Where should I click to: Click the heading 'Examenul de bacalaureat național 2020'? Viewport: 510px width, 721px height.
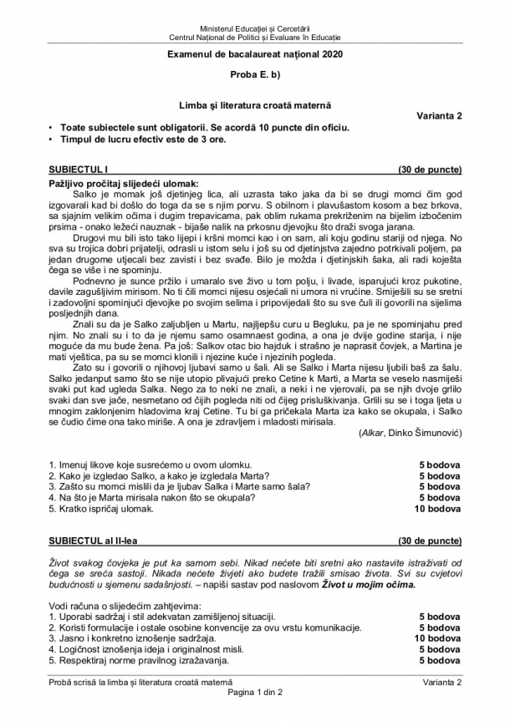click(255, 54)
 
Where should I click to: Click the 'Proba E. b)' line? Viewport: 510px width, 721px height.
click(255, 75)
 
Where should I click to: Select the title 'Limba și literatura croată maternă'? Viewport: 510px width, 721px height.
click(255, 104)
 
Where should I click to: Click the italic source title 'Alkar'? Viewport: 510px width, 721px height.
click(370, 433)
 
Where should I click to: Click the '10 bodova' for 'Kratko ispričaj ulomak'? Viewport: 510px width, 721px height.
click(437, 508)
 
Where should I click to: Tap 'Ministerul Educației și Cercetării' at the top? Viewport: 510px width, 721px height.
click(255, 29)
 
